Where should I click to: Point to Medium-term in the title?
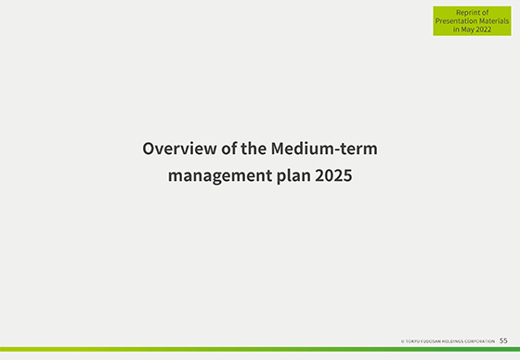click(x=324, y=148)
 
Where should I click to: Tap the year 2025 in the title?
click(x=334, y=174)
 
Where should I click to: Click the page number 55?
click(x=503, y=341)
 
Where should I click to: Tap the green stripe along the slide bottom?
click(x=260, y=350)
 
